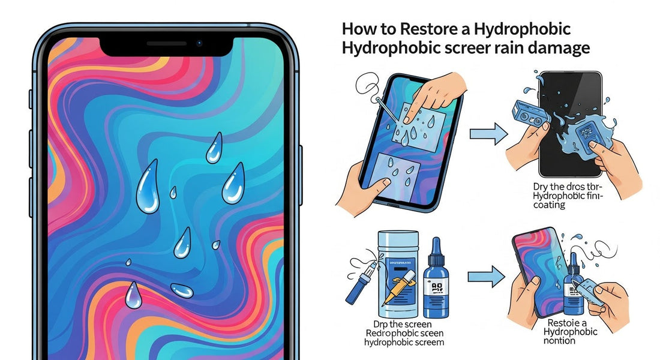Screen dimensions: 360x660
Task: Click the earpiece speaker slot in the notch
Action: pos(166,44)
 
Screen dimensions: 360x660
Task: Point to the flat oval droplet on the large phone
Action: pos(182,291)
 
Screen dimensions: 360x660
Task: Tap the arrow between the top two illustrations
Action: pos(485,133)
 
